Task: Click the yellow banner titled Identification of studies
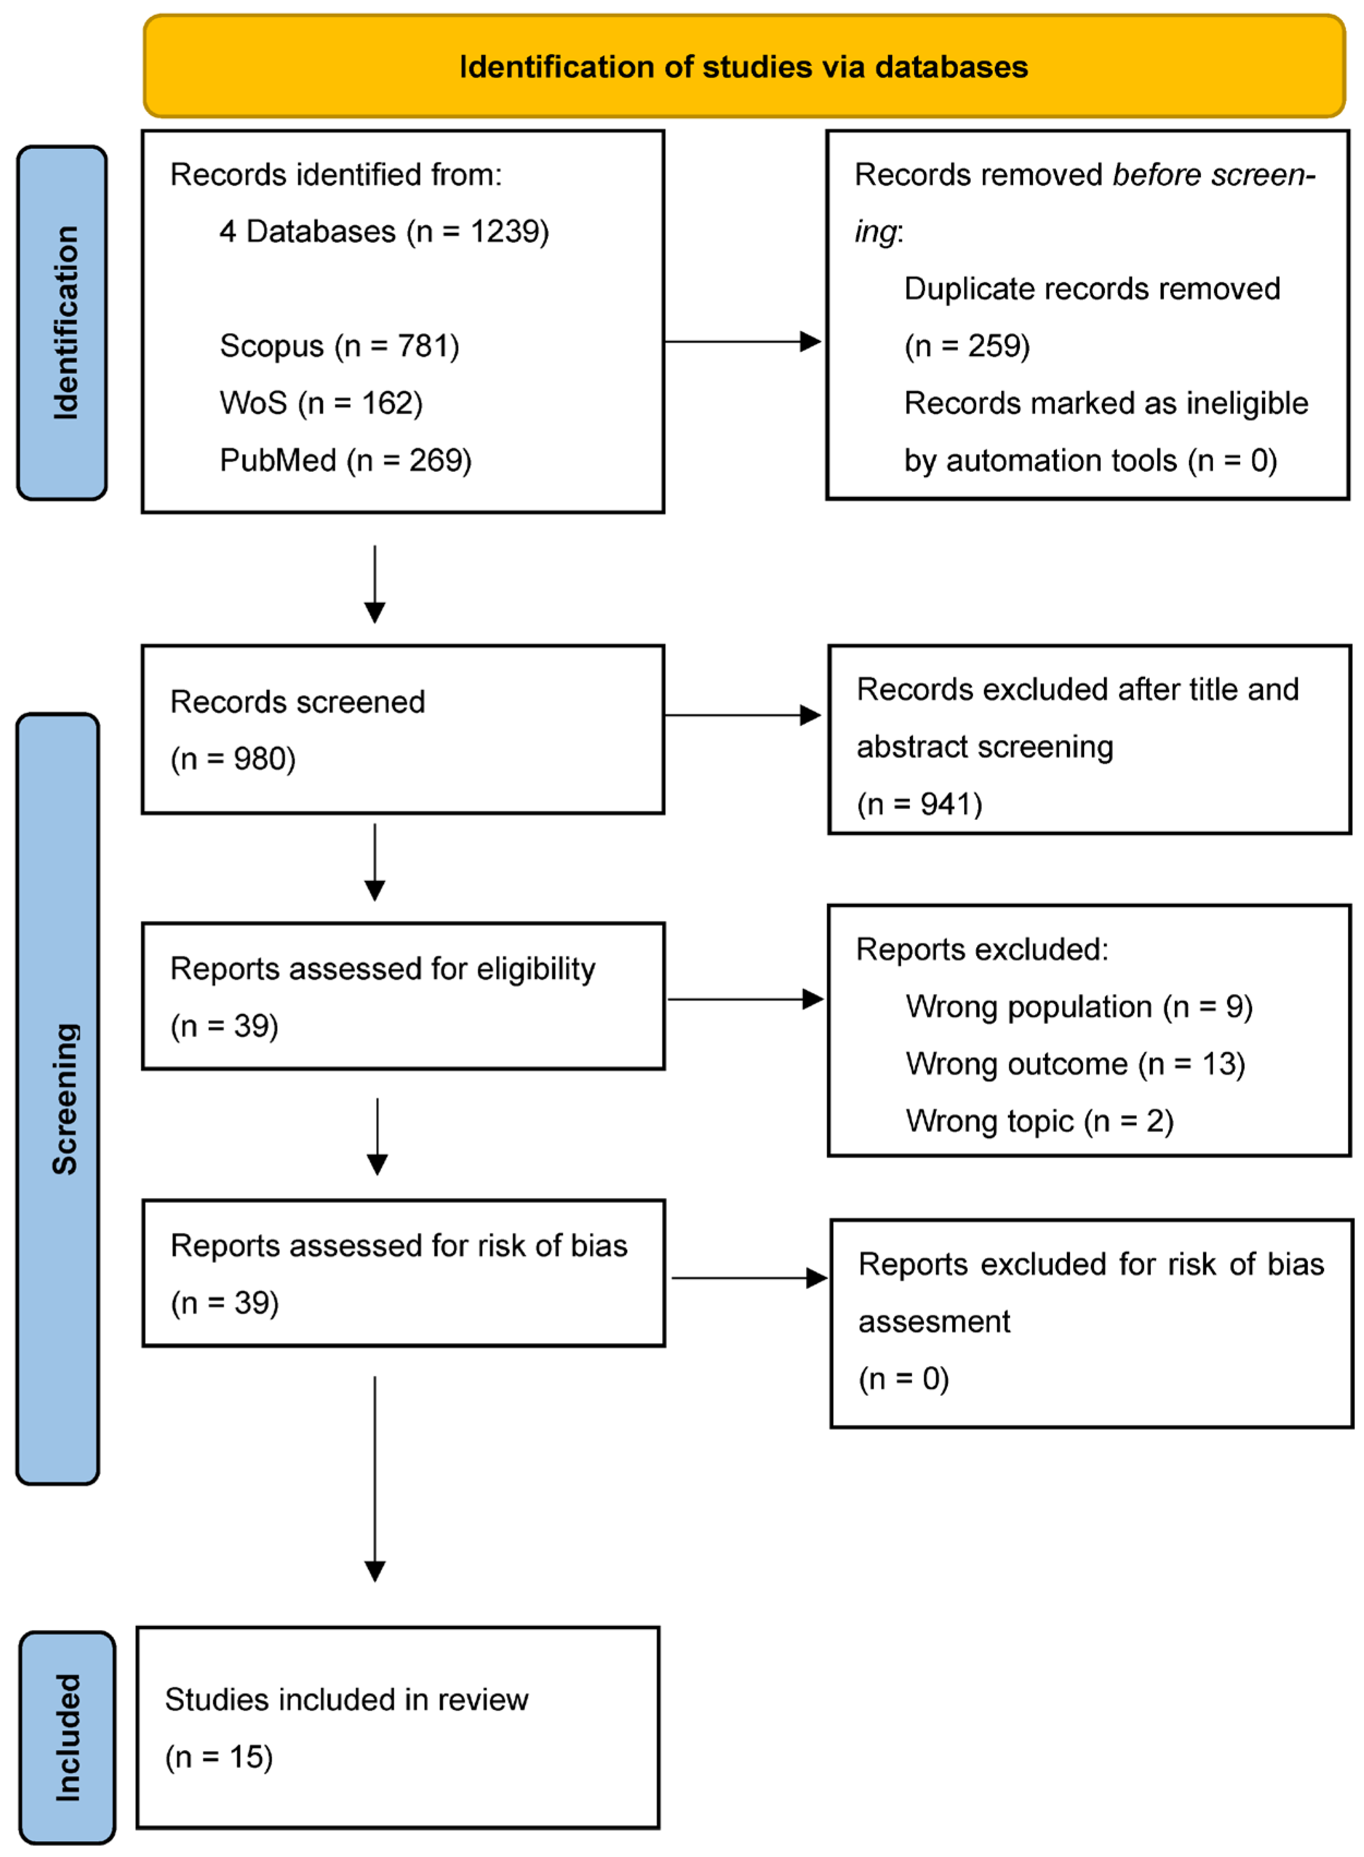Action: (x=743, y=66)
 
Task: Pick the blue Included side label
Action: (x=68, y=1736)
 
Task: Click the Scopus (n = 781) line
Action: (x=339, y=346)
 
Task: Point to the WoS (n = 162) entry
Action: (x=320, y=403)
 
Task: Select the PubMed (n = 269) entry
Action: (x=345, y=460)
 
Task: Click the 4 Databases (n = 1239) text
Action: (x=384, y=232)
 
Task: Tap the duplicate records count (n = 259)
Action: (x=967, y=346)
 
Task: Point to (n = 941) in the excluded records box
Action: (x=919, y=804)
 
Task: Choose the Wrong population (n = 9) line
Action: (x=1078, y=1007)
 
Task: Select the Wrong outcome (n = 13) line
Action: (x=1075, y=1063)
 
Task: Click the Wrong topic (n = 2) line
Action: (x=1039, y=1121)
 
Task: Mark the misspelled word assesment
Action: (x=934, y=1322)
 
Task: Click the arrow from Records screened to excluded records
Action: (x=742, y=715)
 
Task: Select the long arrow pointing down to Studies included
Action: (x=375, y=1478)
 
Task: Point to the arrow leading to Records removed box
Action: (x=742, y=341)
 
